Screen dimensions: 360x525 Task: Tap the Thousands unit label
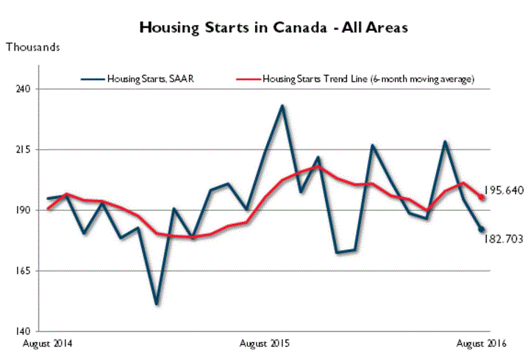[33, 48]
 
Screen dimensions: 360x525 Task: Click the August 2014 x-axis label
[48, 343]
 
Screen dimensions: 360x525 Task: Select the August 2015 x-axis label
[265, 343]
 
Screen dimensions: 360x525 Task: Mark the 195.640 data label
[504, 190]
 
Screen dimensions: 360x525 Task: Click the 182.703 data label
[504, 239]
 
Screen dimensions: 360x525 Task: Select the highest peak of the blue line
[282, 106]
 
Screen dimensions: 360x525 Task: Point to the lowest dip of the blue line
[157, 304]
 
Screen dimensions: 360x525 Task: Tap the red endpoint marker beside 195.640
[482, 197]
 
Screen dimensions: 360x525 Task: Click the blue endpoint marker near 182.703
[482, 229]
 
